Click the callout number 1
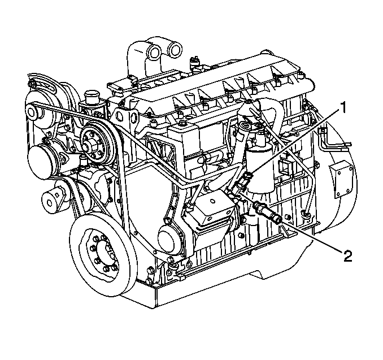click(343, 108)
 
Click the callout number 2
click(348, 256)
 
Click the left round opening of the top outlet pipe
click(155, 52)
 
